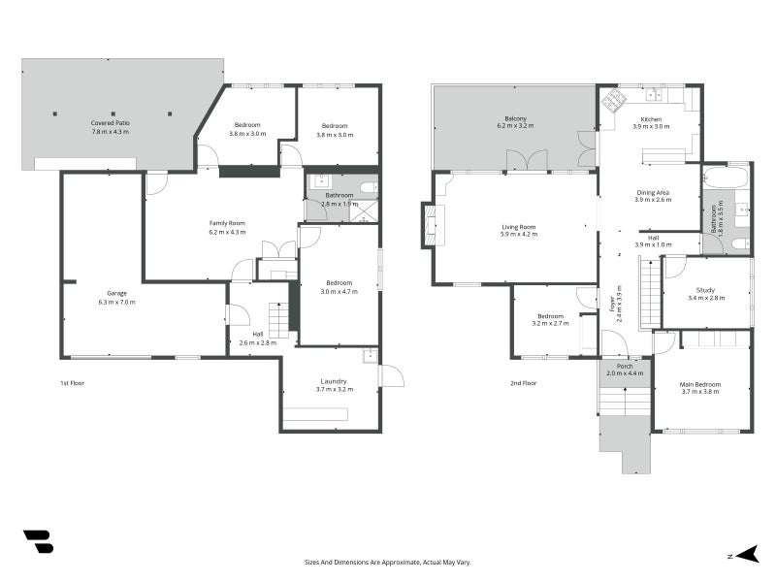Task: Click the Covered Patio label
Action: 111,123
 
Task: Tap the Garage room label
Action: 116,294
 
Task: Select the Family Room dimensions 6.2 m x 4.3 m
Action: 227,232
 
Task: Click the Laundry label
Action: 334,381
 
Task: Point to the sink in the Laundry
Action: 370,356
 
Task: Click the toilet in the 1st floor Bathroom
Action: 369,187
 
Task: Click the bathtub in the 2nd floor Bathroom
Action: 725,178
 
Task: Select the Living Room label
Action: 519,227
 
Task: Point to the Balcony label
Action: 516,118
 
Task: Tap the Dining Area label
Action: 653,192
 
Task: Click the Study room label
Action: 705,290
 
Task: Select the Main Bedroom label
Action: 699,384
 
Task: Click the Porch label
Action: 625,367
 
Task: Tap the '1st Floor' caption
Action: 72,383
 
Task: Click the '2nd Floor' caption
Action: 523,383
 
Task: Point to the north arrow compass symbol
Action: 747,554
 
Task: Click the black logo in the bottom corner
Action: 39,542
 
